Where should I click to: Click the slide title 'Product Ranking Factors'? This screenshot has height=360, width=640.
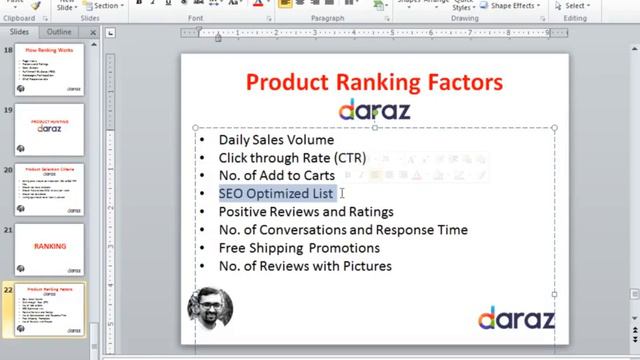(374, 81)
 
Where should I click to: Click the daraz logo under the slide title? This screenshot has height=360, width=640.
(374, 109)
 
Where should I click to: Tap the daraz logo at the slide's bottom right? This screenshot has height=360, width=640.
(515, 319)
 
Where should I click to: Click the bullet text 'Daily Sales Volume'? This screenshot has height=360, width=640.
(276, 140)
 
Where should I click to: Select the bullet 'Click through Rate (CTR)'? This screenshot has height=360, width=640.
(292, 158)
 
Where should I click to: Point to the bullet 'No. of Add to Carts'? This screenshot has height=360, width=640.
(277, 176)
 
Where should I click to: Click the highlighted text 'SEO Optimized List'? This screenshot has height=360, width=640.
(276, 194)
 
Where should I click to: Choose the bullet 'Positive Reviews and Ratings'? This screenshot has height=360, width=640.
(306, 212)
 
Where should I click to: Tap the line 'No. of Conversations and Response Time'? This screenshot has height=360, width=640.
(343, 230)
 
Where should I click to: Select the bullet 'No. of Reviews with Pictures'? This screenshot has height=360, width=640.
(305, 266)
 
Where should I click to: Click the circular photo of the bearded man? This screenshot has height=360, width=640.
(210, 309)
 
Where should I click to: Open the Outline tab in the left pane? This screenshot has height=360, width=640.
(59, 32)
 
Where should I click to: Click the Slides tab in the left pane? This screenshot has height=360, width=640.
(20, 32)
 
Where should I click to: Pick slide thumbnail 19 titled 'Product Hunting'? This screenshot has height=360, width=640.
(50, 127)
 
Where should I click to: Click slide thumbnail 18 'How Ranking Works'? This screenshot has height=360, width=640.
(50, 69)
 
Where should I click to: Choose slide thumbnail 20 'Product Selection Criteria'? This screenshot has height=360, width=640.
(50, 186)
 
